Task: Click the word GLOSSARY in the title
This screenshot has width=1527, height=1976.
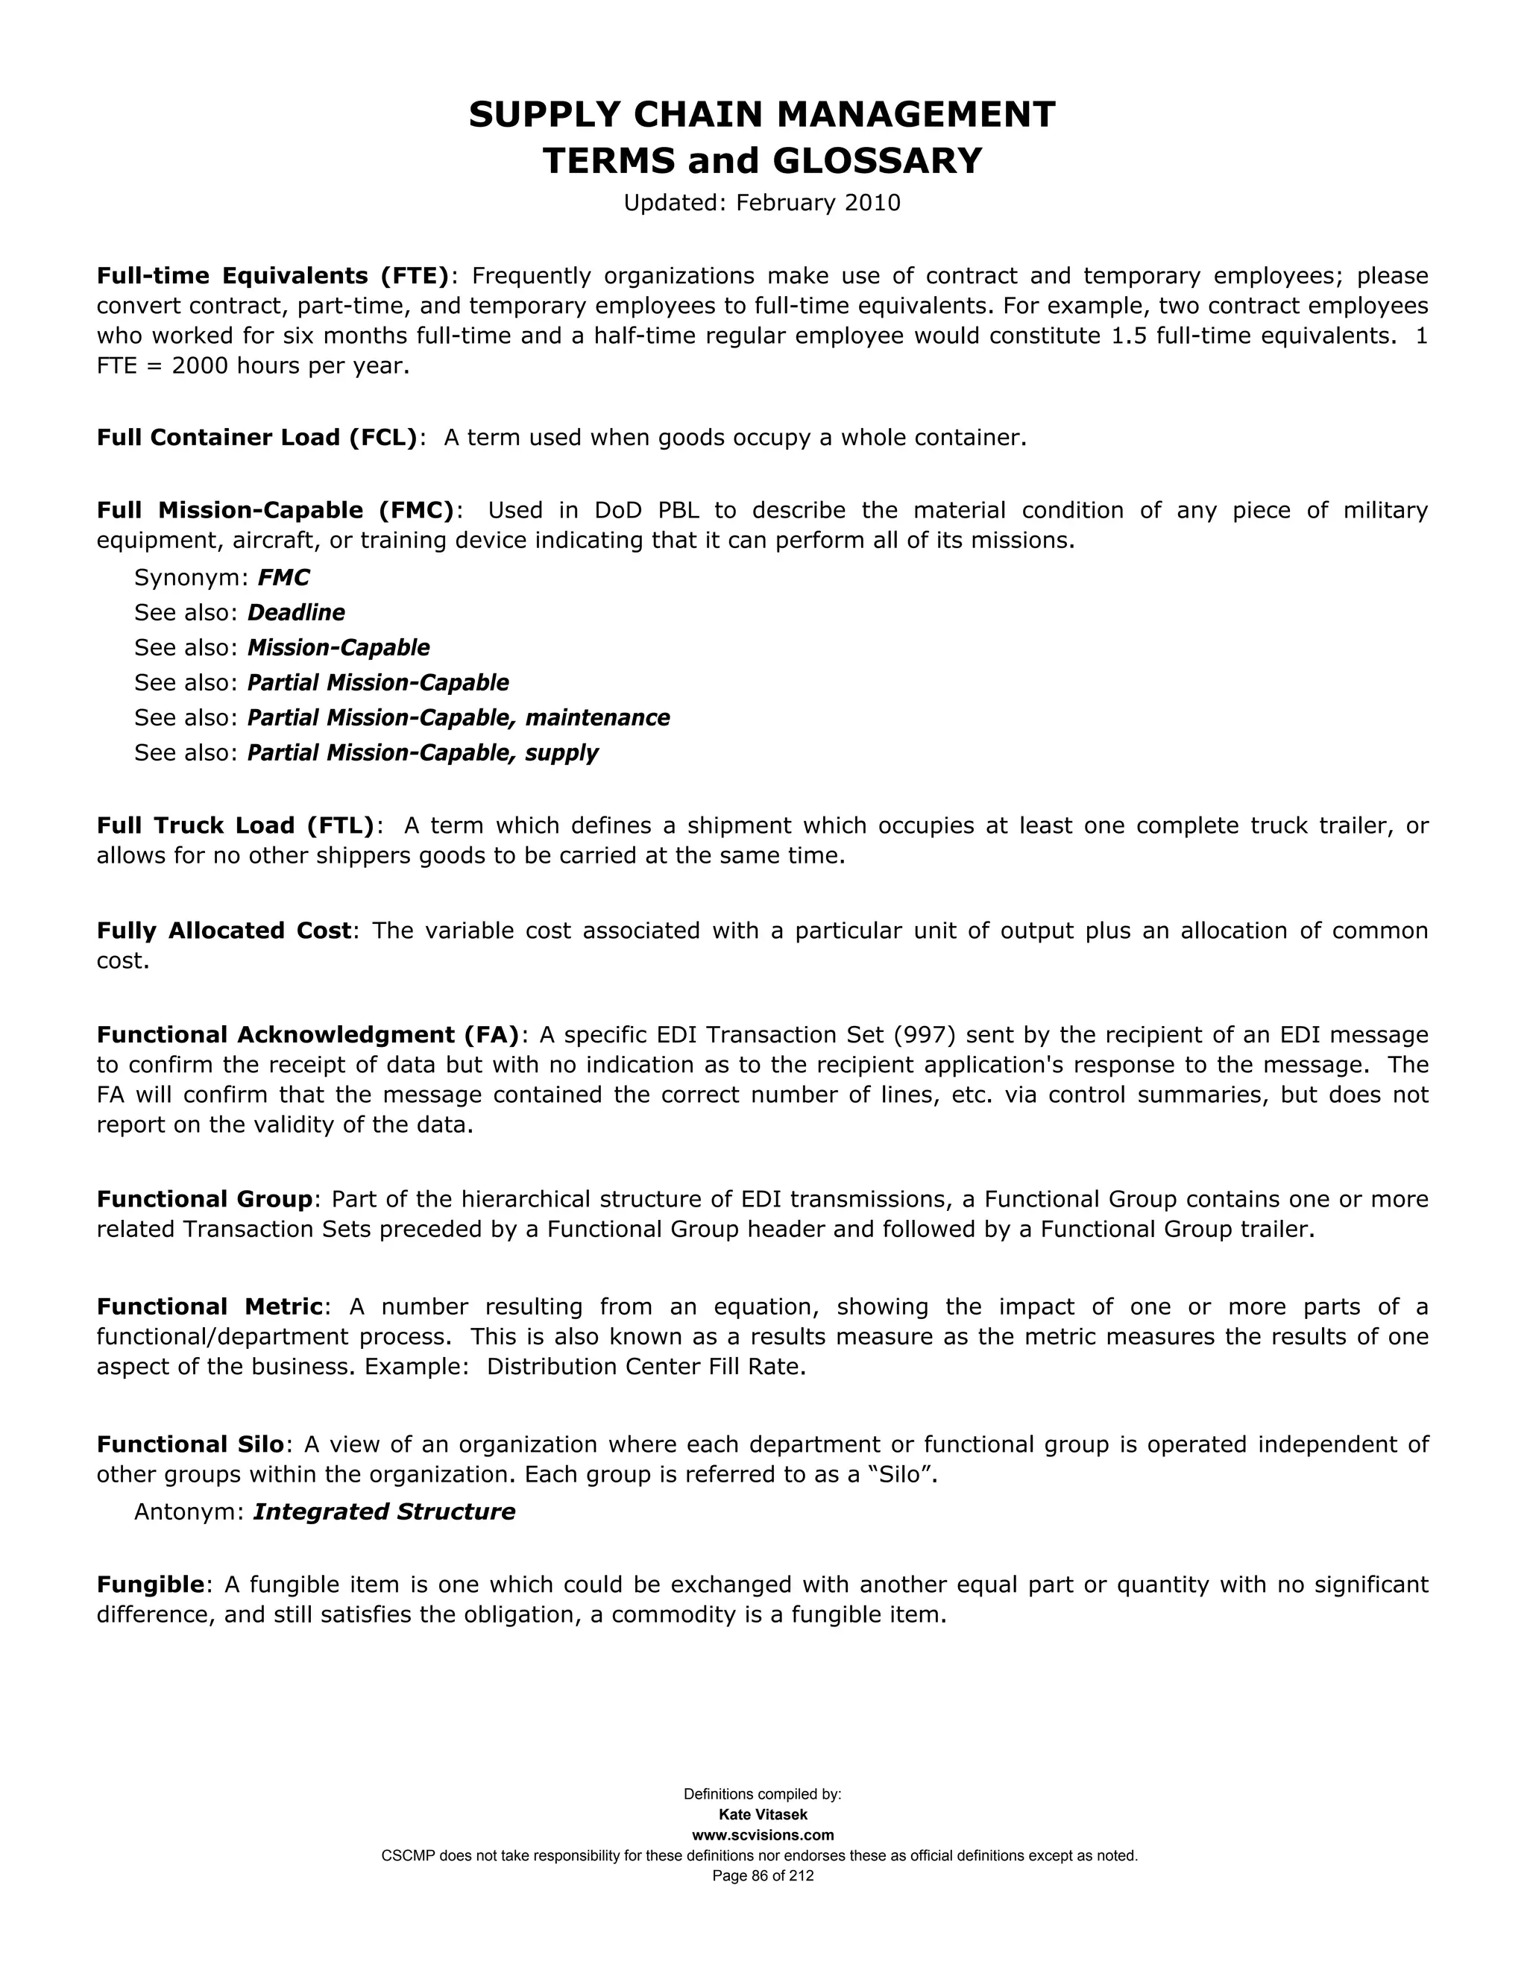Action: [877, 161]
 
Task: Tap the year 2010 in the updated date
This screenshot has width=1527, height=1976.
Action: [872, 203]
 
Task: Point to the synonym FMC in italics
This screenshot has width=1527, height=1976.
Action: [283, 578]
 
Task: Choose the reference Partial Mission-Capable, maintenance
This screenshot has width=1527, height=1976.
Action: [459, 718]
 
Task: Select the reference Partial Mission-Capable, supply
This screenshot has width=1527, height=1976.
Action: [423, 753]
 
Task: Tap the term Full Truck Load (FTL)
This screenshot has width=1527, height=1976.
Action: [235, 826]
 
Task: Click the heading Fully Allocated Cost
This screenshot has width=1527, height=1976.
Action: [224, 931]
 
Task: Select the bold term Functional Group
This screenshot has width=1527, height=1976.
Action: [204, 1200]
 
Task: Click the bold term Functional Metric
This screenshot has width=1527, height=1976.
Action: [210, 1307]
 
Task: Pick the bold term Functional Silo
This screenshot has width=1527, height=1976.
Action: [190, 1445]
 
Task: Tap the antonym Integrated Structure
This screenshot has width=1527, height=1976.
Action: [383, 1513]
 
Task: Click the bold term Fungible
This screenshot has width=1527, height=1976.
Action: [150, 1585]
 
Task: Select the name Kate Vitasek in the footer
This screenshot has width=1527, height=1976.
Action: [763, 1816]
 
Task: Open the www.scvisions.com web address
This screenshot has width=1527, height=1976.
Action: [763, 1836]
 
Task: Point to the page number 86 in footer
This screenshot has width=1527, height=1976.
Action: [760, 1877]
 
